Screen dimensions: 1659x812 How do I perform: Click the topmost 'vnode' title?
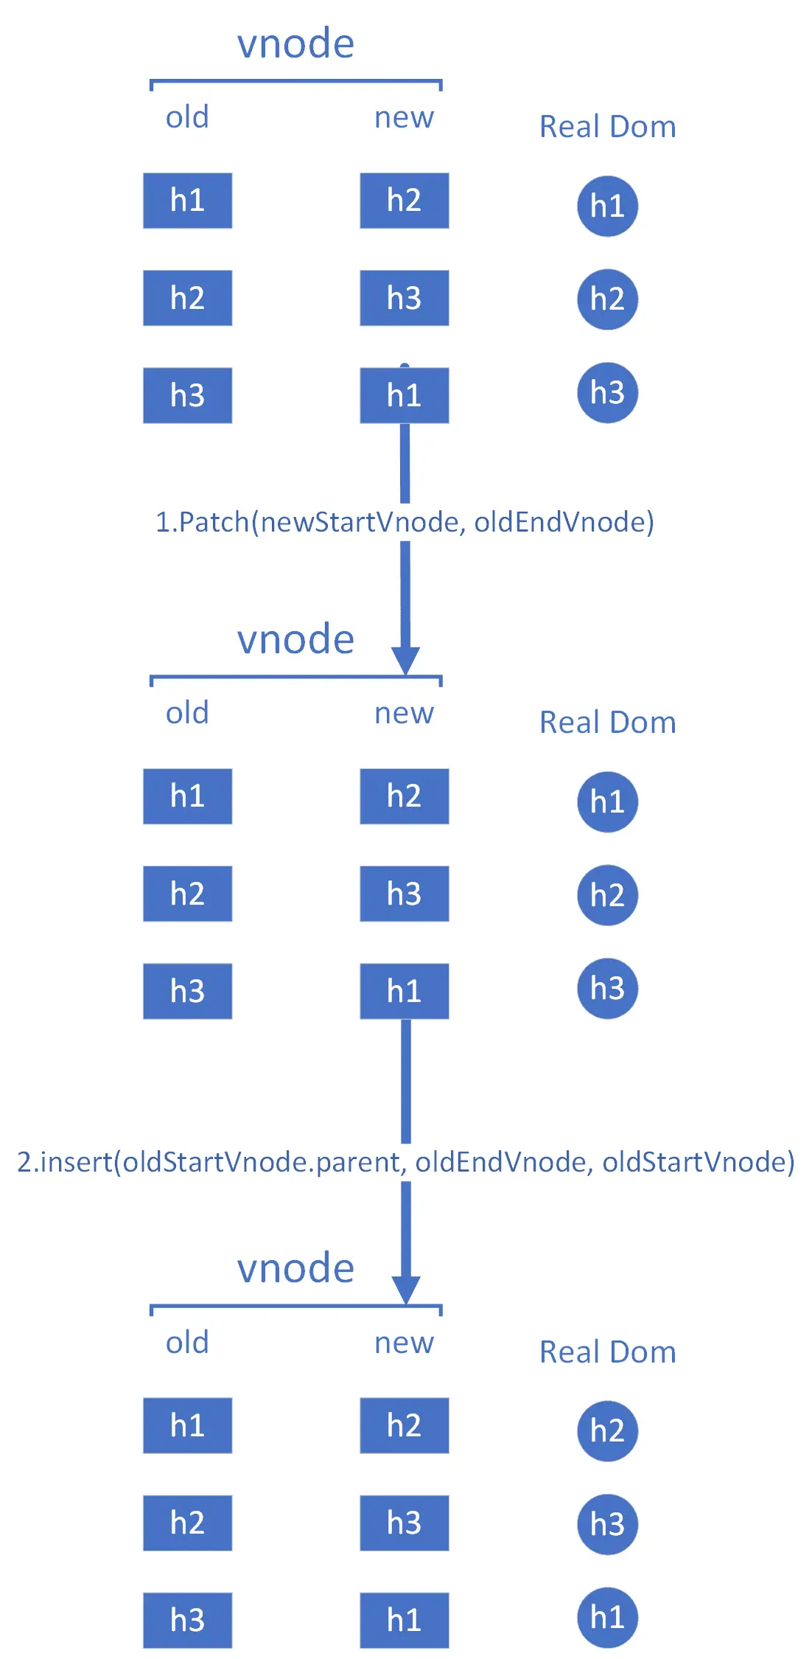point(295,44)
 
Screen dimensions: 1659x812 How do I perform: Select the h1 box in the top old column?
point(187,201)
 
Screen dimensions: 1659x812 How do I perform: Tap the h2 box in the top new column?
point(404,201)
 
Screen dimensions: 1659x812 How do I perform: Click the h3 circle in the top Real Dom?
point(607,392)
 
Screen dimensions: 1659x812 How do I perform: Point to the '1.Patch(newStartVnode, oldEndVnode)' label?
point(405,522)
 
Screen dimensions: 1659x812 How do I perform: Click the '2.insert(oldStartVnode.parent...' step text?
point(406,1162)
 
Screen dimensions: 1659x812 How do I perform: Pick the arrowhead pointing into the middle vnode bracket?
point(405,661)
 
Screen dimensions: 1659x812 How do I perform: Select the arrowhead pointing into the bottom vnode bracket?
point(405,1290)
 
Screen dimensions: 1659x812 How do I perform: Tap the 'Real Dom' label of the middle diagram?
point(607,723)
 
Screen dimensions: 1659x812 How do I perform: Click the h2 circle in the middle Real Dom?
point(607,895)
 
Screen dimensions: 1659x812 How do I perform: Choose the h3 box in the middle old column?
point(187,991)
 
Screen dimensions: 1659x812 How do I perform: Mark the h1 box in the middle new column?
point(404,991)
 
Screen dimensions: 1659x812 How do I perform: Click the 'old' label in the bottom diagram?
point(187,1343)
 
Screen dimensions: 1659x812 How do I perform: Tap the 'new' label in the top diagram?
point(404,117)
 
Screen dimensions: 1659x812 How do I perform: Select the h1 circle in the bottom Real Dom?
point(607,1618)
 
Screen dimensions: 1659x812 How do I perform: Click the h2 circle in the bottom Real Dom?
point(607,1431)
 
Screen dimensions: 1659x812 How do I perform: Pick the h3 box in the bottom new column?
point(404,1523)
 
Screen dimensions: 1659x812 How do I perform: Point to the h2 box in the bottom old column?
point(187,1523)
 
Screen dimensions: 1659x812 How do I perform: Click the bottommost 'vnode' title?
point(295,1268)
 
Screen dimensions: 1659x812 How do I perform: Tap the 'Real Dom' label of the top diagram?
point(607,127)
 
